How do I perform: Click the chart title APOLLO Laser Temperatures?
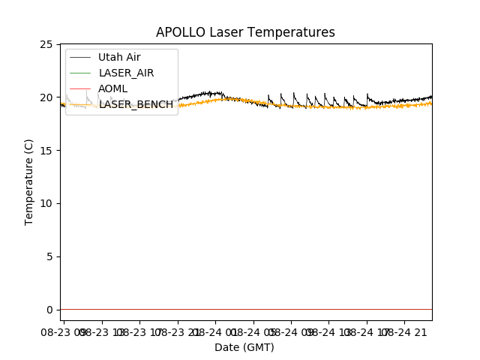[x=245, y=33]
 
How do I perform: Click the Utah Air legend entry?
[x=119, y=57]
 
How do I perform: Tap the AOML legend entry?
[x=112, y=88]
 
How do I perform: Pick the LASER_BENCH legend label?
[x=136, y=104]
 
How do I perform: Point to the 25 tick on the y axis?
[x=49, y=44]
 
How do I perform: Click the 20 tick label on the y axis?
[x=49, y=97]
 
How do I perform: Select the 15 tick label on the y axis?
[x=49, y=151]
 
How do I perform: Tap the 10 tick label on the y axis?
[x=49, y=203]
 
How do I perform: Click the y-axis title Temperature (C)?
[x=29, y=182]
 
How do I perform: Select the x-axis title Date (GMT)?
[x=244, y=347]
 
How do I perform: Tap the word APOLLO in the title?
[x=178, y=33]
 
